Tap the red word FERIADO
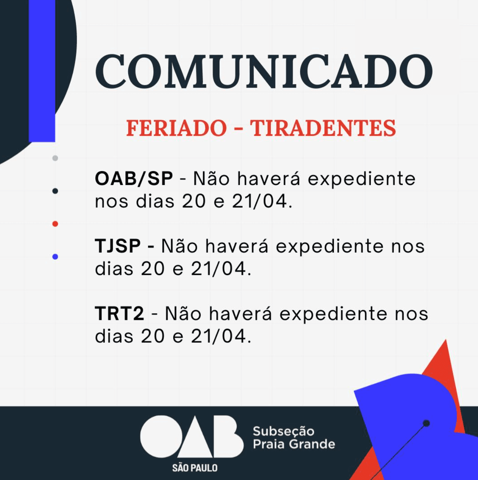pyautogui.click(x=176, y=128)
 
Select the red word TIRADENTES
pyautogui.click(x=323, y=128)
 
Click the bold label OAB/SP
pyautogui.click(x=134, y=179)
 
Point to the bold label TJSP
pyautogui.click(x=118, y=246)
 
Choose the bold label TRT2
pyautogui.click(x=119, y=314)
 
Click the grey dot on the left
pyautogui.click(x=55, y=158)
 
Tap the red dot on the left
pyautogui.click(x=55, y=224)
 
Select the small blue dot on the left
pyautogui.click(x=55, y=257)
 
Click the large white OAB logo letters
pyautogui.click(x=192, y=437)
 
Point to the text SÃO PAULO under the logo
pyautogui.click(x=195, y=468)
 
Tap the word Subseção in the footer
pyautogui.click(x=284, y=431)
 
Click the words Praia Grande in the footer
pyautogui.click(x=294, y=444)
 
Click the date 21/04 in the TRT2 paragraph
pyautogui.click(x=219, y=337)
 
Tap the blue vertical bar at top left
pyautogui.click(x=42, y=70)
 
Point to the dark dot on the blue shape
pyautogui.click(x=426, y=423)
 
